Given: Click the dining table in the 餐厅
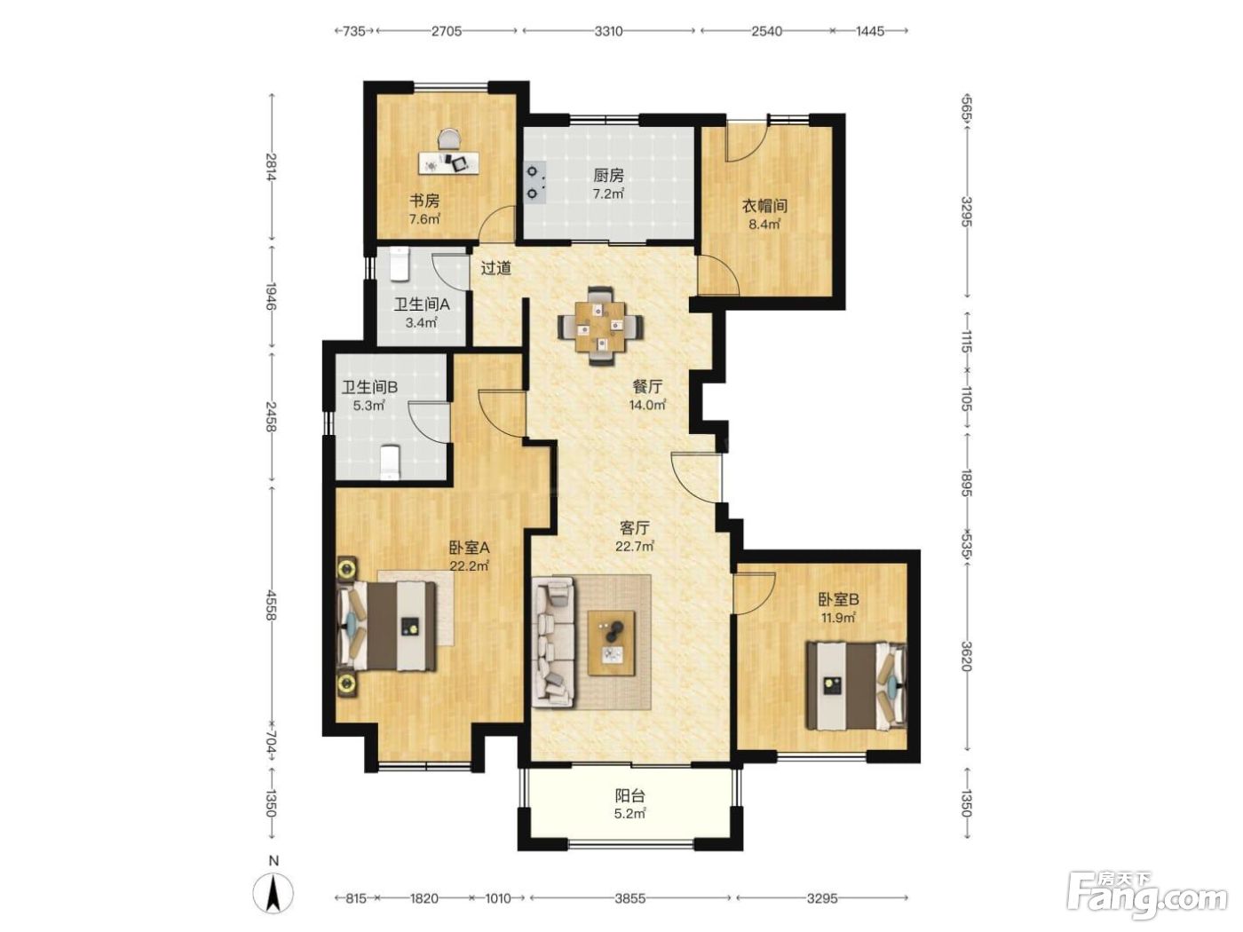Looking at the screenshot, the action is point(600,327).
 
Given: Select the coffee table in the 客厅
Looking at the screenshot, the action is point(611,643).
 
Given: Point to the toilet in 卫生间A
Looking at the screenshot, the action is point(400,264).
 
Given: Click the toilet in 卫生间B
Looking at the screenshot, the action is point(390,462).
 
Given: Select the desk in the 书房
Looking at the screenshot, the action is point(449,162).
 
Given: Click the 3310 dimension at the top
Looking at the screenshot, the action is point(609,31).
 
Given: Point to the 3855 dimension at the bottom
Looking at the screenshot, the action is point(629,898).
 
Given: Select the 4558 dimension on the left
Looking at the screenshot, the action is point(273,605).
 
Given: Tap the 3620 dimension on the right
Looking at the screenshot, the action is point(966,657).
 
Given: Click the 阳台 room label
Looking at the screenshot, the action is point(630,796).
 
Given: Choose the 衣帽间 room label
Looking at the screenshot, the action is point(765,206).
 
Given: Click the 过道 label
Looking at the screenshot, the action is point(496,268).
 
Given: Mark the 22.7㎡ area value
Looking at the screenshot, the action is point(635,547).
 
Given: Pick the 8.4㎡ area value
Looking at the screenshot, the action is point(765,224).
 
